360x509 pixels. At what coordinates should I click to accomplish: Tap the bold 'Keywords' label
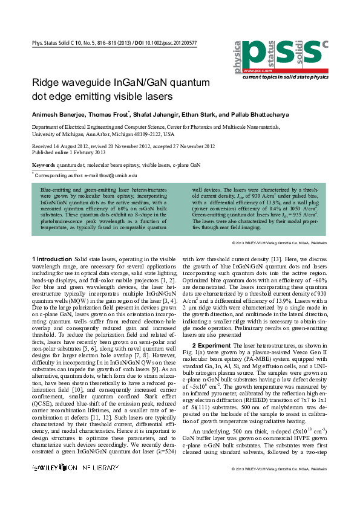(44, 164)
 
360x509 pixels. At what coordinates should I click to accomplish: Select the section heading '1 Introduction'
(53, 259)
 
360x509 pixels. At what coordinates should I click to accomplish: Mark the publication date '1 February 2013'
(84, 153)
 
